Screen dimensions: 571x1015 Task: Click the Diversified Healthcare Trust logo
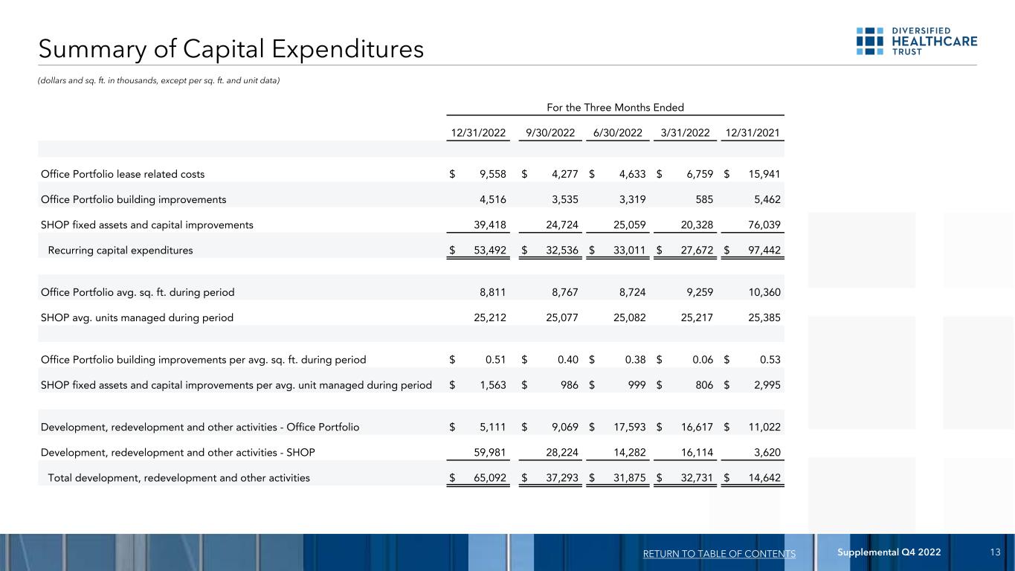[917, 41]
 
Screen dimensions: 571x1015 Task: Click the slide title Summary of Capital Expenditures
[232, 49]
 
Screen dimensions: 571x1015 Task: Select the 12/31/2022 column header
[479, 132]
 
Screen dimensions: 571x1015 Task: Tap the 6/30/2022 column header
[619, 132]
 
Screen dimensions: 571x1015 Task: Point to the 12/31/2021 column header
[755, 132]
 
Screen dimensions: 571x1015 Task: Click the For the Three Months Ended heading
[615, 107]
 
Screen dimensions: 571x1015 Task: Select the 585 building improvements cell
[703, 199]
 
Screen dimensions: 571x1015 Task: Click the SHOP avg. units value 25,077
[559, 317]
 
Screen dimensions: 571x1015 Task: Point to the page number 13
[996, 552]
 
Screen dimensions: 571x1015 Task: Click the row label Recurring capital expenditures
[120, 250]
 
